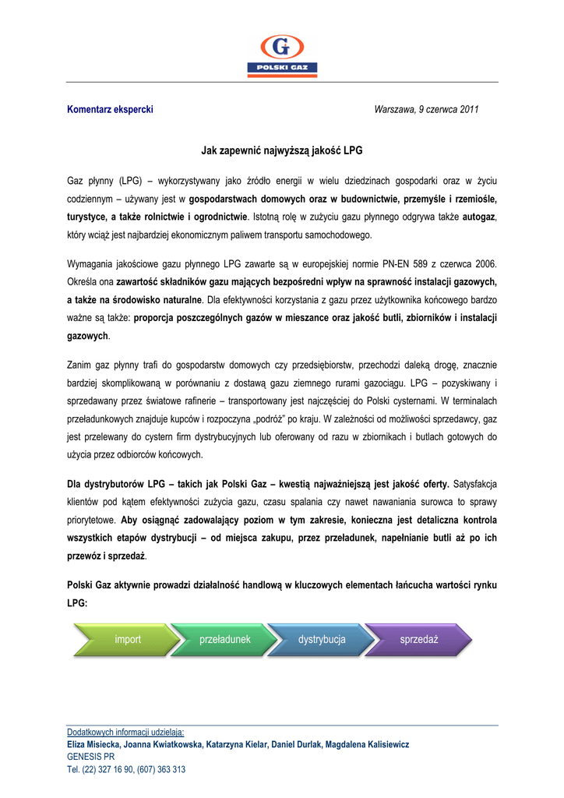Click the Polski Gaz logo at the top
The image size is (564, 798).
click(281, 56)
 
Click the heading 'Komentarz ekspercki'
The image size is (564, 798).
click(110, 109)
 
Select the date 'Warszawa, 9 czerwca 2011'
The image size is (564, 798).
click(426, 109)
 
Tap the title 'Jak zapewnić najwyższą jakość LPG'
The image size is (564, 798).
click(282, 149)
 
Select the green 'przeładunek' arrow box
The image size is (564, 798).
click(225, 640)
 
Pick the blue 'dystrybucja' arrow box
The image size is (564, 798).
click(322, 640)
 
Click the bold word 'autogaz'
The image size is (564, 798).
click(479, 216)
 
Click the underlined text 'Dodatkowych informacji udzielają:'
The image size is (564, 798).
click(125, 732)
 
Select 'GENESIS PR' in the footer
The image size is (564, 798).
click(91, 757)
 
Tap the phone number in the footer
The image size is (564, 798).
click(126, 769)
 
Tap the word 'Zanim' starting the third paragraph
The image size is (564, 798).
click(80, 365)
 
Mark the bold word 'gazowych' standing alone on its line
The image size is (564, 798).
click(88, 335)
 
